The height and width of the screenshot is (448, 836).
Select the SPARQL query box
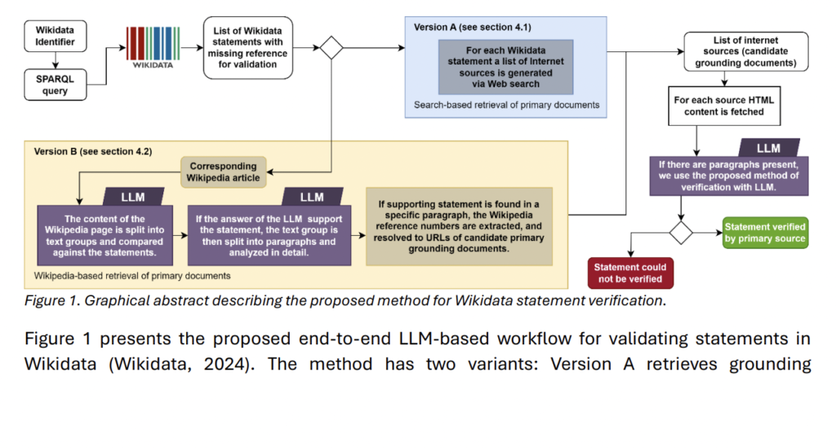55,84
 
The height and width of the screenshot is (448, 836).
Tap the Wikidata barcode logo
153,47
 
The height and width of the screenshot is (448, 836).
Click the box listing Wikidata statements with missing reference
247,49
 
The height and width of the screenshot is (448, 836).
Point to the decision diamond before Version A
331,48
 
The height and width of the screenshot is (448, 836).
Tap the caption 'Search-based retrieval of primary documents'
506,104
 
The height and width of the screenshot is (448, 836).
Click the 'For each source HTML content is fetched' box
725,105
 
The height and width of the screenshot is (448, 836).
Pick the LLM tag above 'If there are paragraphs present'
768,148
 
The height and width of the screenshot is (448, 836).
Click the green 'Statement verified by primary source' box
765,233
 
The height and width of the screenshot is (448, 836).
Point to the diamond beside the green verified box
680,232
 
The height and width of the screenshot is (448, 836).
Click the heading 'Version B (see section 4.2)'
92,152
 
